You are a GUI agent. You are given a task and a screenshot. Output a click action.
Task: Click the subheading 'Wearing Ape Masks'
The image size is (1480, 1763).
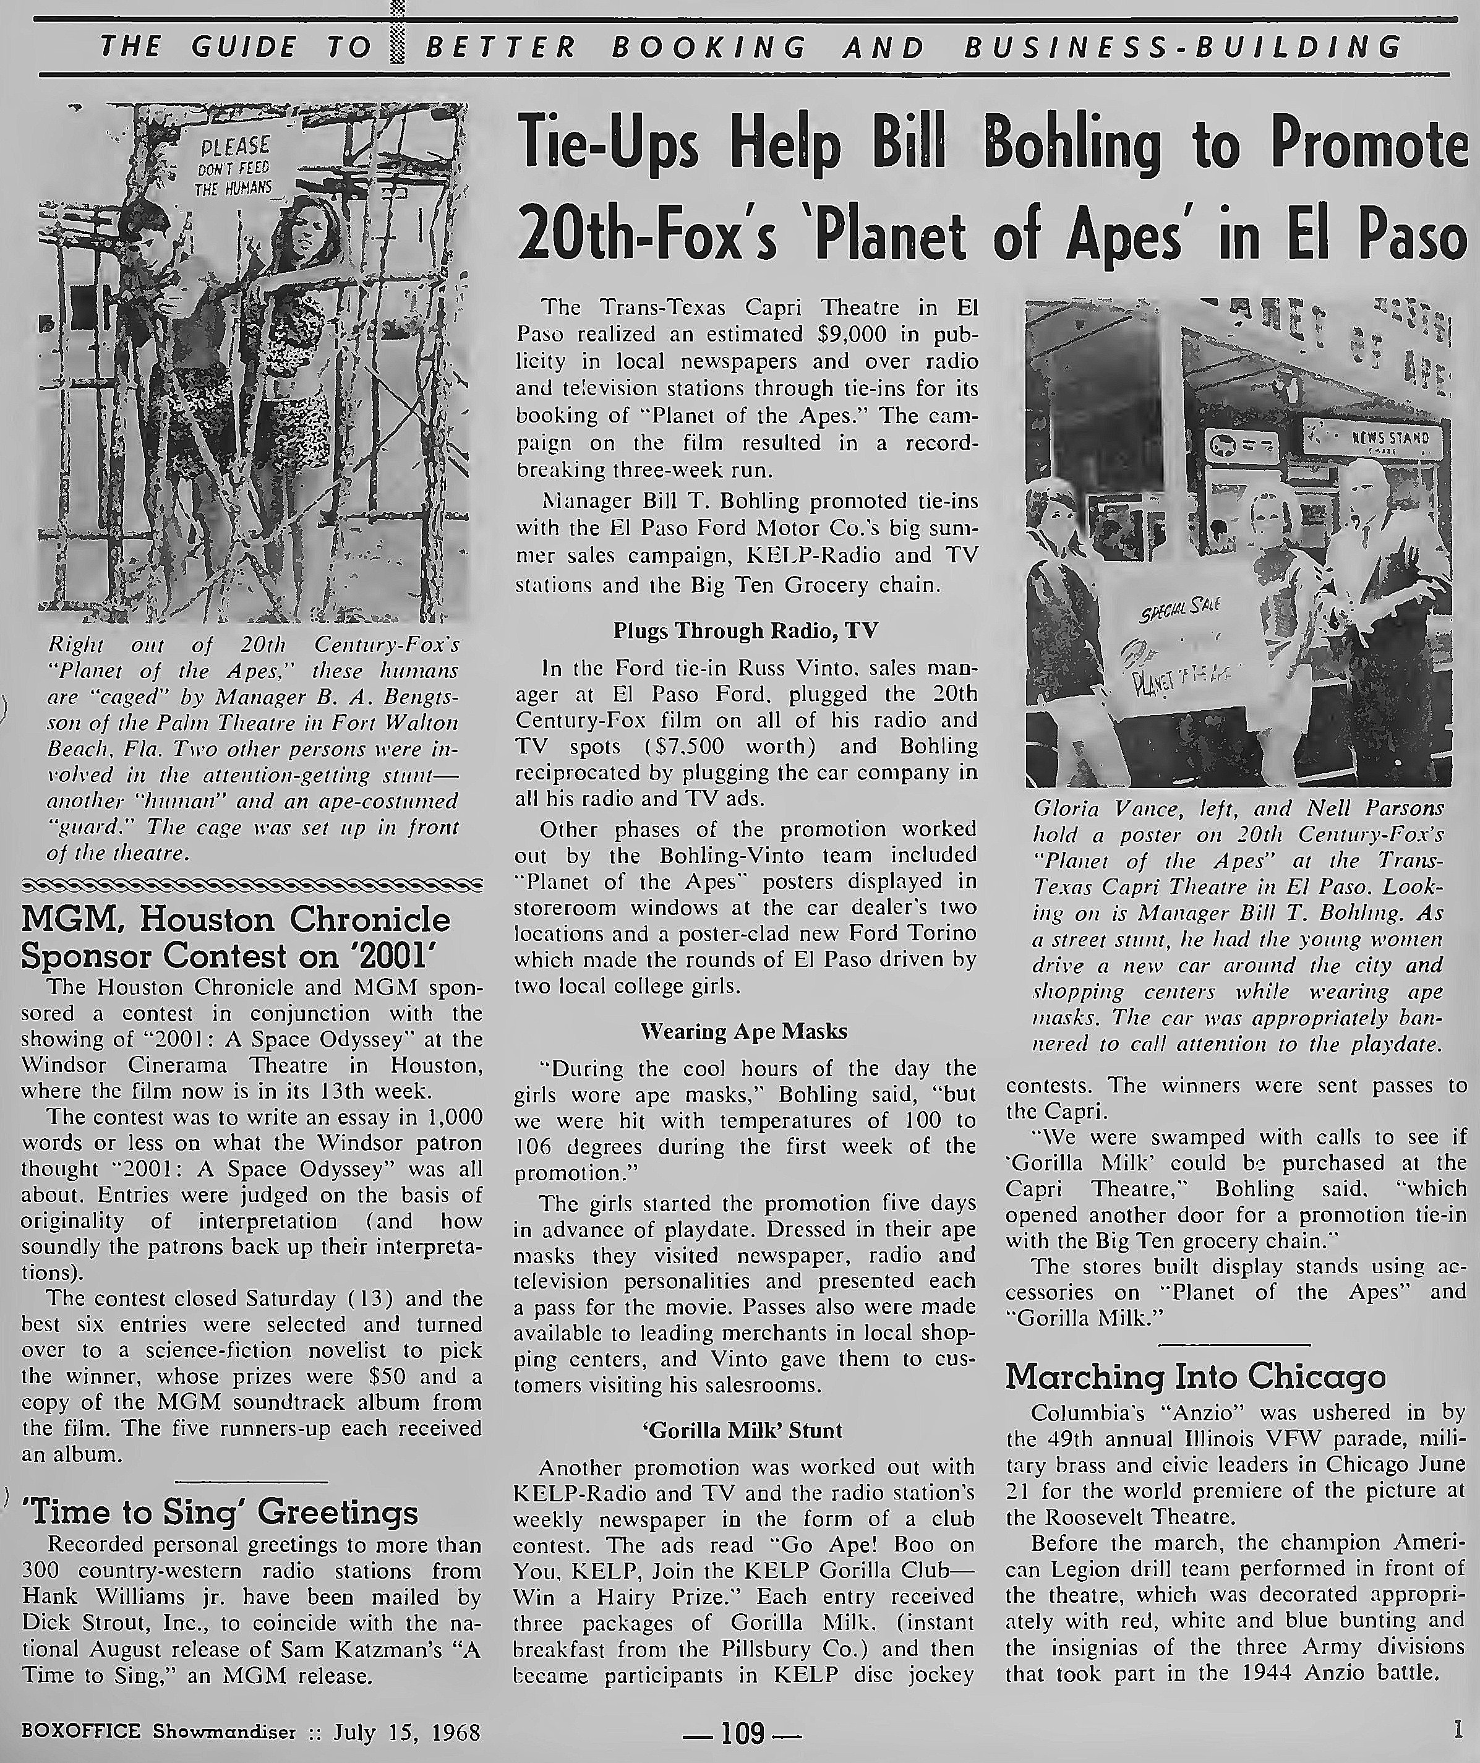click(x=744, y=1031)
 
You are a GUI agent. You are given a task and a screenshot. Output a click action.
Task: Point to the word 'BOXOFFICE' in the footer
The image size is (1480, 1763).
click(x=80, y=1732)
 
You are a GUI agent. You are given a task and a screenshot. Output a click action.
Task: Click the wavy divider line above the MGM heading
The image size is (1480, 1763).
click(x=251, y=885)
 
